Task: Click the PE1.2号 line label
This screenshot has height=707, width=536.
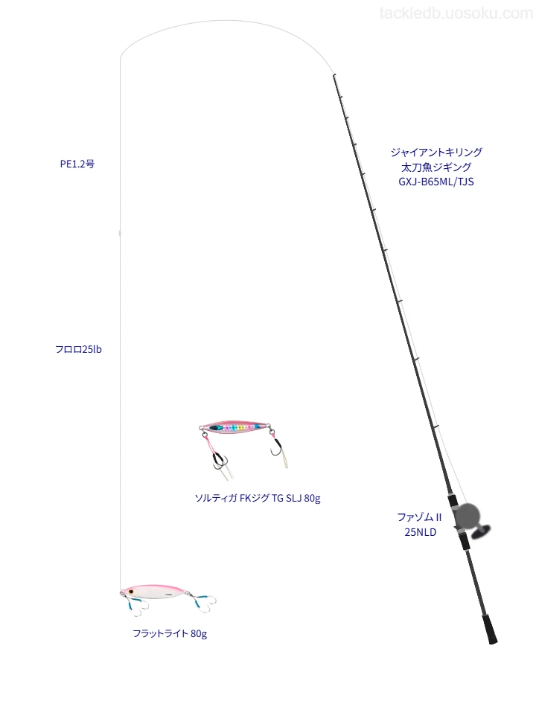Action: (77, 164)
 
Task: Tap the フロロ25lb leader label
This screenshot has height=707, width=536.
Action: (78, 349)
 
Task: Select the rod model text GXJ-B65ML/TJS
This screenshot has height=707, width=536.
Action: (435, 182)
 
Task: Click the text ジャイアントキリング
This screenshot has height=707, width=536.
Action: (436, 152)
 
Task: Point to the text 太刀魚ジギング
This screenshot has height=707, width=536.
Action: (436, 167)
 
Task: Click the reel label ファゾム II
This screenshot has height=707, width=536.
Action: (419, 517)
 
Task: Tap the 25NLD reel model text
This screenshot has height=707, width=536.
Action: (420, 532)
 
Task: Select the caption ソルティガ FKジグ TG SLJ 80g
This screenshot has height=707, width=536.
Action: (258, 498)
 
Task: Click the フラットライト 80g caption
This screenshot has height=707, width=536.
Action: (170, 633)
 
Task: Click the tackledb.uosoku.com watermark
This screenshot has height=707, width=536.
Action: (456, 13)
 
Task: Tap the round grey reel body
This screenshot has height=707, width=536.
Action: (468, 516)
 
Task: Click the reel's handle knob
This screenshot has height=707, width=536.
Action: (481, 532)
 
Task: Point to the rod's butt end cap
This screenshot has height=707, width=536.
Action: (493, 639)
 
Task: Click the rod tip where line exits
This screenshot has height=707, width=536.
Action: (334, 75)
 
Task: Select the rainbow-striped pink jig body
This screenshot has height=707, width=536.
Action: (234, 426)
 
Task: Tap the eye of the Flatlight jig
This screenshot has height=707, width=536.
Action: (130, 591)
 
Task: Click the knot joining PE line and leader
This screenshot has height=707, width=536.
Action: (120, 233)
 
